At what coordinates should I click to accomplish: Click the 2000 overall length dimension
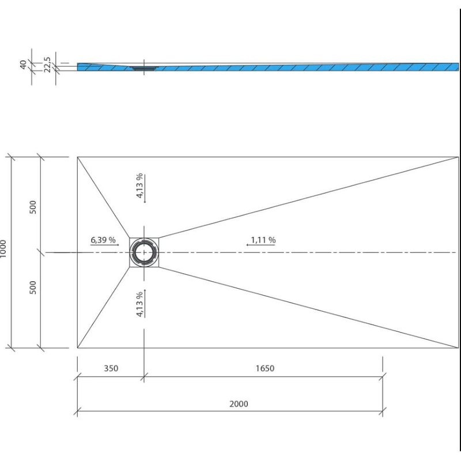pyautogui.click(x=239, y=404)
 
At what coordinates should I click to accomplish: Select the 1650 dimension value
pyautogui.click(x=265, y=368)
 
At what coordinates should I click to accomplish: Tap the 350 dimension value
pyautogui.click(x=111, y=368)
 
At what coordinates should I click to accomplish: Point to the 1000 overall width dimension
pyautogui.click(x=3, y=249)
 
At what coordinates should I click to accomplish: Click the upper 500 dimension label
pyautogui.click(x=33, y=207)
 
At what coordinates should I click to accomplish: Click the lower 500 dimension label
pyautogui.click(x=33, y=287)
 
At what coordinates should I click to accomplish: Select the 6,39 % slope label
pyautogui.click(x=103, y=240)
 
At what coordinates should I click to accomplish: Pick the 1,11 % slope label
pyautogui.click(x=263, y=240)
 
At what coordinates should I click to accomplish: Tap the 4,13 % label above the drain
pyautogui.click(x=139, y=186)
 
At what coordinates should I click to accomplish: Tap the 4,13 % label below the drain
pyautogui.click(x=139, y=304)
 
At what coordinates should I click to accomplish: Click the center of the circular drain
pyautogui.click(x=144, y=252)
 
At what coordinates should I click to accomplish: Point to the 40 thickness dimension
pyautogui.click(x=23, y=65)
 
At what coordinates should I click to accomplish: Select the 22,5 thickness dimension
pyautogui.click(x=47, y=65)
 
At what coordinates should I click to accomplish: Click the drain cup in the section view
pyautogui.click(x=144, y=68)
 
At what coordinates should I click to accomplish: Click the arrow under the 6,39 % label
pyautogui.click(x=105, y=245)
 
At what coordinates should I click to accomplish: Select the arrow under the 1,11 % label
pyautogui.click(x=261, y=245)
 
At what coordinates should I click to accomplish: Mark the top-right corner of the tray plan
pyautogui.click(x=458, y=157)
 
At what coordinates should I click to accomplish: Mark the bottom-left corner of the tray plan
pyautogui.click(x=77, y=348)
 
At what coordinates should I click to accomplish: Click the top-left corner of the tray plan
pyautogui.click(x=77, y=157)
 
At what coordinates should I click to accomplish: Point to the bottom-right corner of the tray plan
pyautogui.click(x=458, y=348)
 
